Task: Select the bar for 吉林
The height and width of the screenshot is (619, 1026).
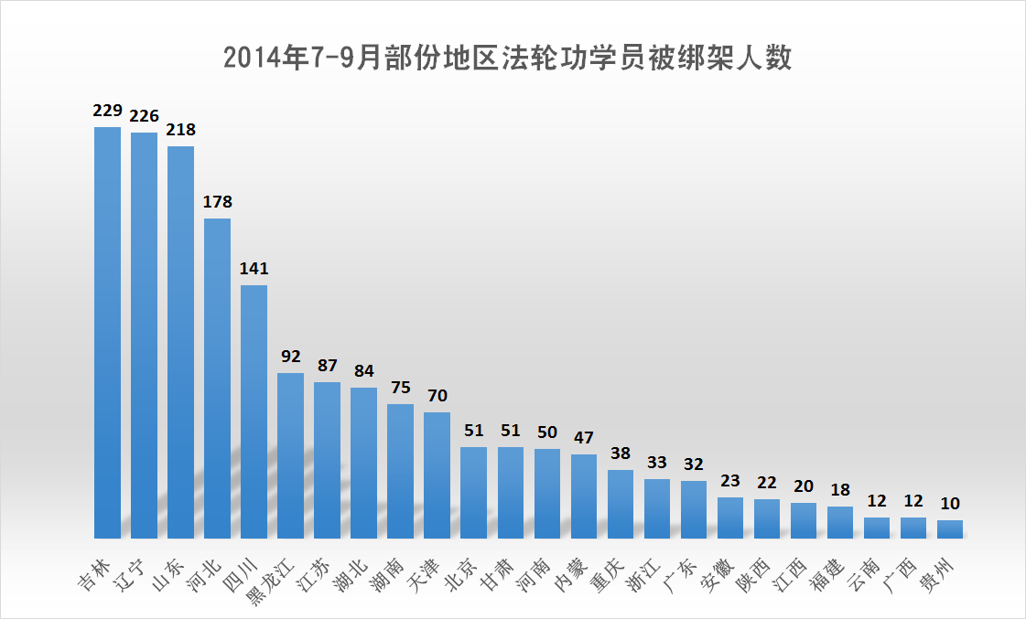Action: coord(108,332)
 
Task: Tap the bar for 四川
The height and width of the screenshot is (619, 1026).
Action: coord(254,411)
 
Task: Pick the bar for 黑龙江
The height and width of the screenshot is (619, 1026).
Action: coord(291,455)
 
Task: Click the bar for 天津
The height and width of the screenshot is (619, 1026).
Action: coord(437,475)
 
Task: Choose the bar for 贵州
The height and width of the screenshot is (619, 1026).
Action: coord(950,528)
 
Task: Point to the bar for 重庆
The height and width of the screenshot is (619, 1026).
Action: coord(621,504)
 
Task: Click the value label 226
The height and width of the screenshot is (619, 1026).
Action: coord(145,116)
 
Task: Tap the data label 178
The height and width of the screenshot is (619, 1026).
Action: coord(218,202)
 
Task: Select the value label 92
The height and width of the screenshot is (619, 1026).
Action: coord(291,357)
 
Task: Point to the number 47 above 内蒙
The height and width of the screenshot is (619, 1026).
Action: coord(584,438)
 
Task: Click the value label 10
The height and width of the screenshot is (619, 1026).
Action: coord(950,504)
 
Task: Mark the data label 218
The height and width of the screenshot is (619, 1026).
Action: coord(181,130)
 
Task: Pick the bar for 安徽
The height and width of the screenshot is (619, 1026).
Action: coord(730,518)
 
